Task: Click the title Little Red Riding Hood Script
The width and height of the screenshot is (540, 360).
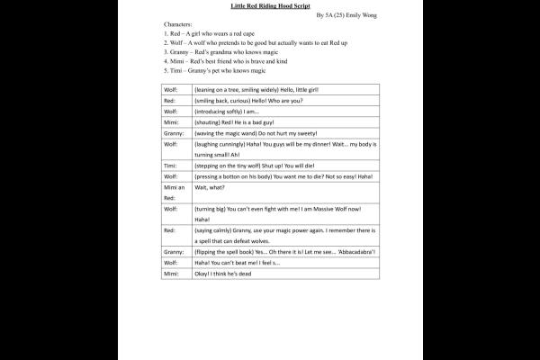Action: pyautogui.click(x=270, y=5)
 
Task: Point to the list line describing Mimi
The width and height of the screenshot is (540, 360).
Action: pyautogui.click(x=225, y=60)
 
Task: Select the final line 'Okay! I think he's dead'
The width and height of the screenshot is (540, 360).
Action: pyautogui.click(x=222, y=274)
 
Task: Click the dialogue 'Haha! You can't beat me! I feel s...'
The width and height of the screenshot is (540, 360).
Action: pyautogui.click(x=237, y=263)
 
